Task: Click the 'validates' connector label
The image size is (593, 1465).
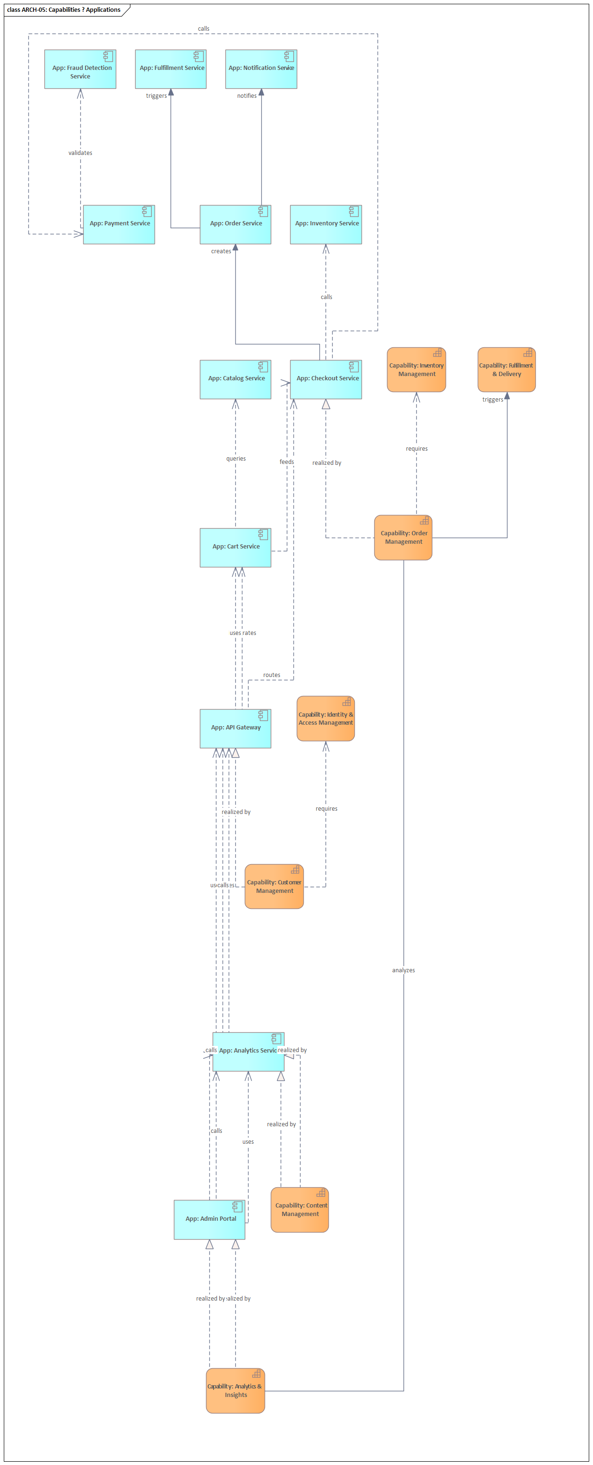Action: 80,153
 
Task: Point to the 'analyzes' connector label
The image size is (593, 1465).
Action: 403,970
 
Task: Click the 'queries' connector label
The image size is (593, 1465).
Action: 236,458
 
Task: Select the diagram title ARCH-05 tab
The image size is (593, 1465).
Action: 64,9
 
